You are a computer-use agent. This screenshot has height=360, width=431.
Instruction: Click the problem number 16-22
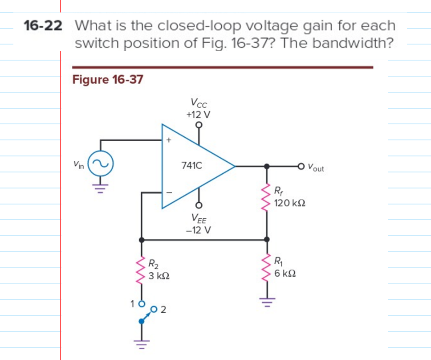pyautogui.click(x=42, y=26)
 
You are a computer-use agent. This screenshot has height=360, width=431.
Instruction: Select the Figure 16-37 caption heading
pyautogui.click(x=107, y=80)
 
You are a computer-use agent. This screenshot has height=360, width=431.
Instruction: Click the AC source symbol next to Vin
pyautogui.click(x=101, y=163)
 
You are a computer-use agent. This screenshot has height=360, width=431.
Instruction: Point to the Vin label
pyautogui.click(x=79, y=164)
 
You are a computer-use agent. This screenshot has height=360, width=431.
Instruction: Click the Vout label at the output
pyautogui.click(x=317, y=168)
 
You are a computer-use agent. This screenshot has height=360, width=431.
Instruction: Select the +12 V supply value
pyautogui.click(x=198, y=115)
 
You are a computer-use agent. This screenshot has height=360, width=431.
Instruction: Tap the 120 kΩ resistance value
pyautogui.click(x=290, y=203)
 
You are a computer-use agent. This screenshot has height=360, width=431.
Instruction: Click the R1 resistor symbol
pyautogui.click(x=267, y=267)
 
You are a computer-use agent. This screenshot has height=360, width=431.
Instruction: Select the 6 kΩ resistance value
pyautogui.click(x=285, y=273)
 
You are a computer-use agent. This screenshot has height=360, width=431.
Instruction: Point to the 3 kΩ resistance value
pyautogui.click(x=159, y=276)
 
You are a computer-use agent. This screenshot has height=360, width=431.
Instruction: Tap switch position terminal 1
pyautogui.click(x=142, y=304)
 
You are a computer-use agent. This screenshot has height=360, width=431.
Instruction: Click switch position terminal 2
pyautogui.click(x=154, y=308)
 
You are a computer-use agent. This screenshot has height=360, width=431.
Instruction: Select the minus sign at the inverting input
pyautogui.click(x=168, y=193)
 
